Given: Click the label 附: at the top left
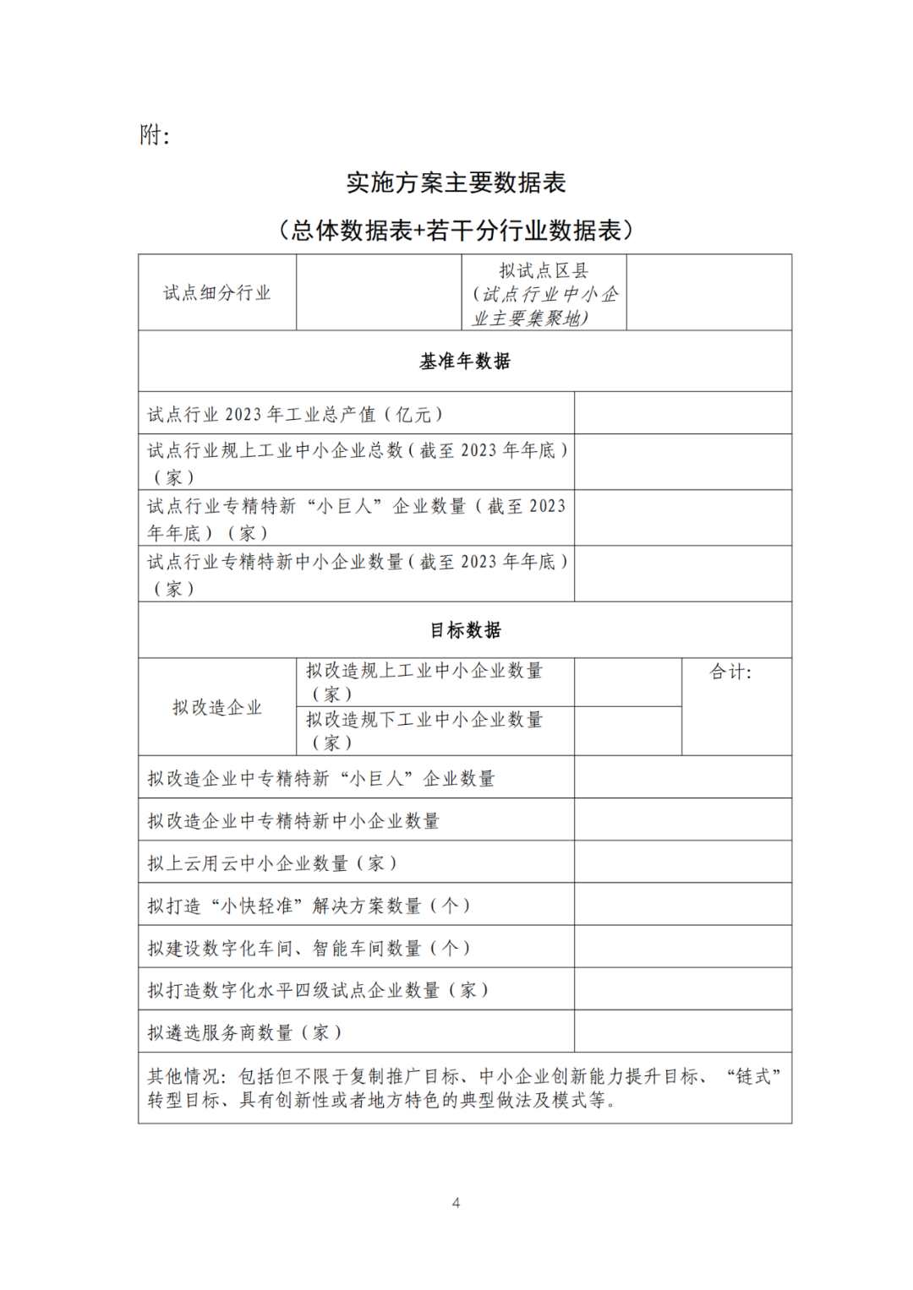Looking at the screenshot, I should [155, 135].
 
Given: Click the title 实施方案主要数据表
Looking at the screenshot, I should [456, 182].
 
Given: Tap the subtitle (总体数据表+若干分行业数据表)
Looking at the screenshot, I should [456, 230].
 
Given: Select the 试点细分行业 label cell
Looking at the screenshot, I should [217, 292].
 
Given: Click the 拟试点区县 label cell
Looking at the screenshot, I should [544, 293].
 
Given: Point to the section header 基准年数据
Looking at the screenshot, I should [465, 362].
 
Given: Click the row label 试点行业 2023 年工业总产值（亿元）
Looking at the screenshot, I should [296, 414].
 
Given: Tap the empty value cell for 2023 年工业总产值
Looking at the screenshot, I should [682, 413].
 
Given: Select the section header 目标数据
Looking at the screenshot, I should [465, 630].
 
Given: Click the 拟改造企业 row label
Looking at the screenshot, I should [217, 707].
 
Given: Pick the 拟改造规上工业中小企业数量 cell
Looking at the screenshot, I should [424, 682].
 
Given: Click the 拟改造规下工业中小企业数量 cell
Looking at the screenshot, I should [424, 731].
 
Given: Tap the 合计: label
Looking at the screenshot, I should [730, 672].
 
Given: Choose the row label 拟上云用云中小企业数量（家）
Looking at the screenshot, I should [272, 863].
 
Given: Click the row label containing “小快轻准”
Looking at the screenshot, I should [309, 906].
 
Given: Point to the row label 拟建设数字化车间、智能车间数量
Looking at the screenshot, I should [309, 948].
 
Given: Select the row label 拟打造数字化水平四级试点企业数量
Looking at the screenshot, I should [319, 990].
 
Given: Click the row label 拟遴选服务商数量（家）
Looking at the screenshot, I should [245, 1032].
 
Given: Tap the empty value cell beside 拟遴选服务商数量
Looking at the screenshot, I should [682, 1031].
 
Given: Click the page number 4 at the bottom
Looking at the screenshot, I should [456, 1203].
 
